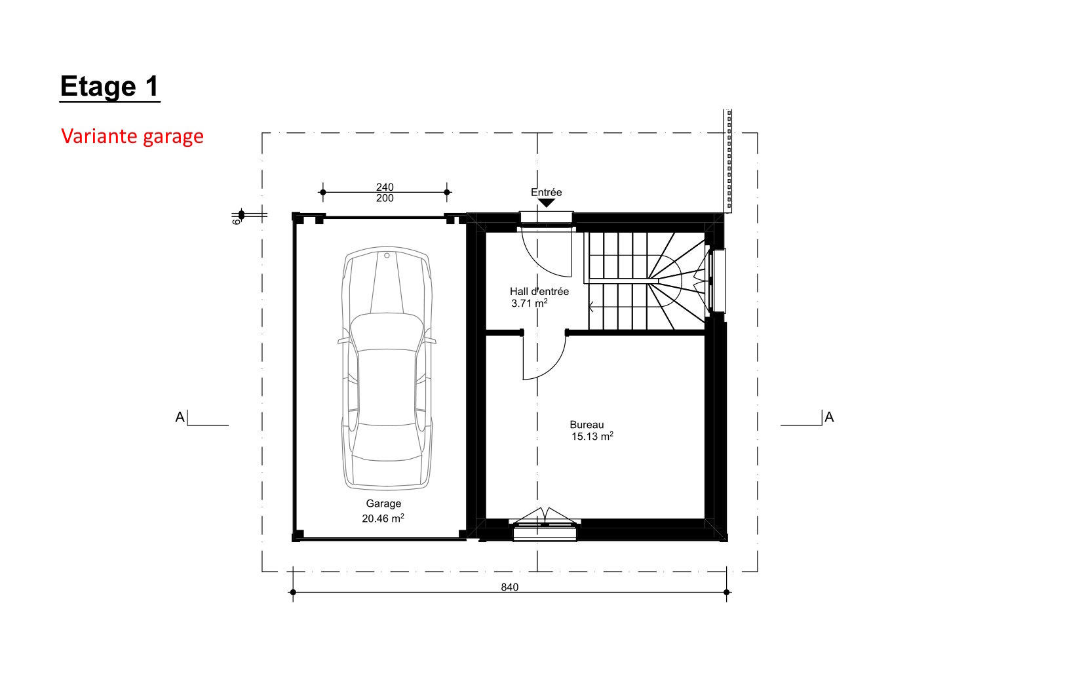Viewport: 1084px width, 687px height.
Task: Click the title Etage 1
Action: point(109,87)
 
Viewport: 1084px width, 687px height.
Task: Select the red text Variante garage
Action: point(132,136)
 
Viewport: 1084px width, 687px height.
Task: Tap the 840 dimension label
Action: point(510,587)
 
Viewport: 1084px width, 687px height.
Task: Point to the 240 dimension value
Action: point(385,187)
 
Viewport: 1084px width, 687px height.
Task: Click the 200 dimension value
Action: point(385,198)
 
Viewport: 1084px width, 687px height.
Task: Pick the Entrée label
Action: point(547,192)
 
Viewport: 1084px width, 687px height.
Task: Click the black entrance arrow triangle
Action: point(547,203)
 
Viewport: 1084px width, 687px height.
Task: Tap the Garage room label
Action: point(383,503)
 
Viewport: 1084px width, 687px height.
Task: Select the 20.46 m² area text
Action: point(383,519)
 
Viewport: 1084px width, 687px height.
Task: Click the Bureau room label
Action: point(587,425)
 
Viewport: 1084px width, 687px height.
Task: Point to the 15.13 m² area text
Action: point(592,436)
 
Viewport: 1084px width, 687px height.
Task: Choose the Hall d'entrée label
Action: point(539,292)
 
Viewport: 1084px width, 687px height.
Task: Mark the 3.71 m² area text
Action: point(530,304)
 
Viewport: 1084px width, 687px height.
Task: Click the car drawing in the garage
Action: point(387,368)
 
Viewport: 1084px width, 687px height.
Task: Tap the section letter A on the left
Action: point(180,417)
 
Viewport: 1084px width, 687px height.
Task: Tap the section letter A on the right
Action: point(829,417)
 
